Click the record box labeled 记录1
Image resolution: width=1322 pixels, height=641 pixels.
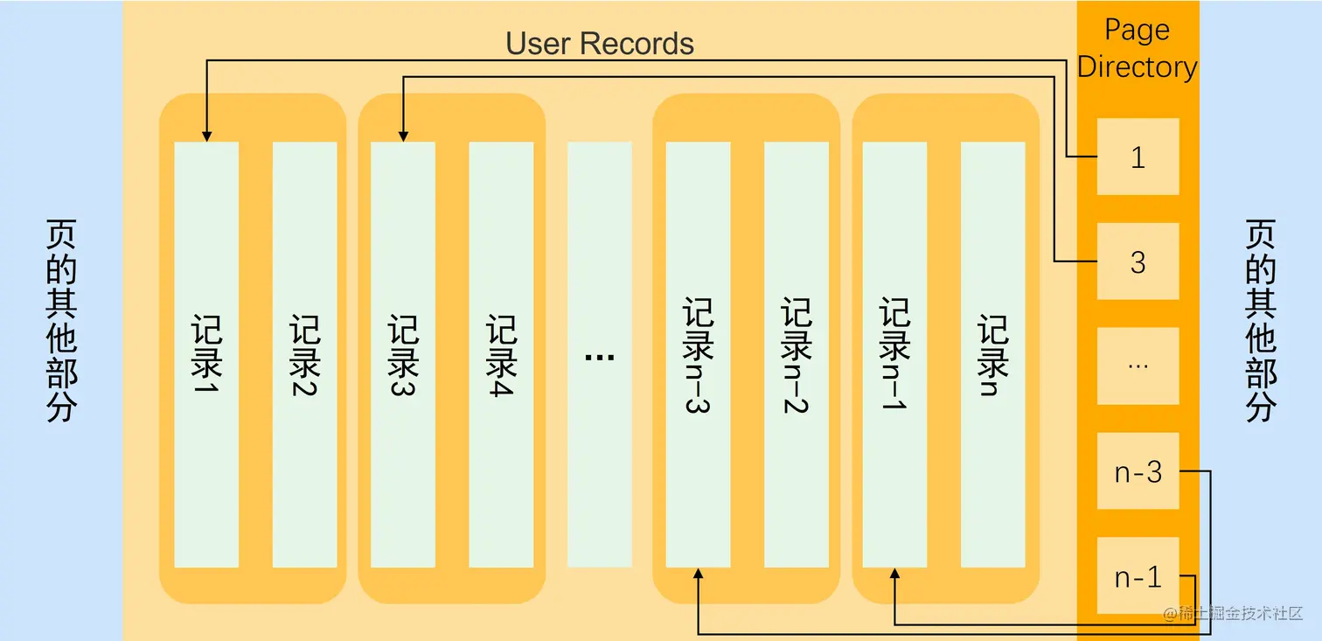tap(206, 354)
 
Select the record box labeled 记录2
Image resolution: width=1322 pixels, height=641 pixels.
tap(304, 354)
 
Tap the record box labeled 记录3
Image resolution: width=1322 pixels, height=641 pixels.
tap(403, 354)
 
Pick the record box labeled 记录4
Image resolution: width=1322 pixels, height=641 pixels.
tap(501, 354)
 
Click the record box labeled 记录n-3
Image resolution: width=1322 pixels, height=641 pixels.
tap(698, 354)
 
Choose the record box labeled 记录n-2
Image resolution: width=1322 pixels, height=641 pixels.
tap(797, 354)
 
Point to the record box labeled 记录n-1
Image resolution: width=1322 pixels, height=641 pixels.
tap(894, 354)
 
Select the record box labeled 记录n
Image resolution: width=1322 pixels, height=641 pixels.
tap(992, 354)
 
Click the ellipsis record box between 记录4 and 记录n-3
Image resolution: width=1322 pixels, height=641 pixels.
tap(600, 354)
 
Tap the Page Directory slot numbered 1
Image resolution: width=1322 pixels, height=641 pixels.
tap(1138, 157)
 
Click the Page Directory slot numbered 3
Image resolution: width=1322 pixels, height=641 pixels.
tap(1138, 261)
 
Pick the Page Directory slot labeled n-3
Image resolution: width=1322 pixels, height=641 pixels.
tap(1138, 471)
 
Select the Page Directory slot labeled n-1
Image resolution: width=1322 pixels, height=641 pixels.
tap(1138, 576)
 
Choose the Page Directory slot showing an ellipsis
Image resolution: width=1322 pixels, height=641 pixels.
tap(1138, 366)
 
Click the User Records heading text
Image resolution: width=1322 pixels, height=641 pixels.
tap(600, 44)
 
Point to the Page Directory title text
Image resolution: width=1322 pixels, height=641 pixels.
tap(1137, 48)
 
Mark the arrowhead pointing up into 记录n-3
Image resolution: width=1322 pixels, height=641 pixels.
tap(698, 575)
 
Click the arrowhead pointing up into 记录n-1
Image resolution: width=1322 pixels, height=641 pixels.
tap(894, 575)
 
